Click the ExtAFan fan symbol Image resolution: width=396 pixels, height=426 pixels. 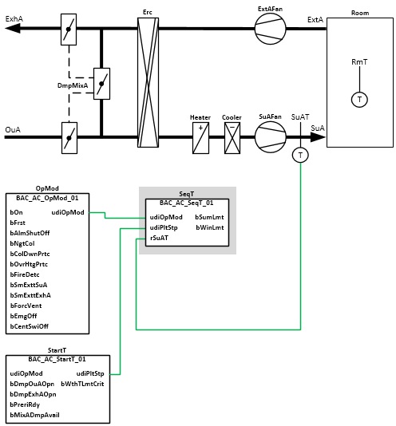click(270, 29)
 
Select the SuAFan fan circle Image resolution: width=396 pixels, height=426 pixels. click(270, 137)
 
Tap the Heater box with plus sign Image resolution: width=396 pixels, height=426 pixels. click(200, 138)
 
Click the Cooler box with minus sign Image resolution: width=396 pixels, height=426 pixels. click(232, 138)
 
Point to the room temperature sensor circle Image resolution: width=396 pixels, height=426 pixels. click(359, 100)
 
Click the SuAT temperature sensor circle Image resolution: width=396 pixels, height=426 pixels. click(300, 155)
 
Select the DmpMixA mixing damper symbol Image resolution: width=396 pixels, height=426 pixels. click(101, 84)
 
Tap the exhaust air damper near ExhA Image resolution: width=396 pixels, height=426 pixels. click(69, 30)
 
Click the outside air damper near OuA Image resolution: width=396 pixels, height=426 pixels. click(69, 138)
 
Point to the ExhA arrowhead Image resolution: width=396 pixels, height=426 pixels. click(13, 28)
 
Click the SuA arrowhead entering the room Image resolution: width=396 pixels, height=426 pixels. click(319, 137)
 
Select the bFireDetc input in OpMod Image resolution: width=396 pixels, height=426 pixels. click(25, 274)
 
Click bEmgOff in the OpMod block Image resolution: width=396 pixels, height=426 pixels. click(23, 316)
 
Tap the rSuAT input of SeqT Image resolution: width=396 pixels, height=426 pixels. click(159, 238)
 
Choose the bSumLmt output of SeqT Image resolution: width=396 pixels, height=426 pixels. click(209, 217)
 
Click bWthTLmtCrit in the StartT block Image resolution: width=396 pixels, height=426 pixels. click(82, 384)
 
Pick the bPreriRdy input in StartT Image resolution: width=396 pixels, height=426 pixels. click(25, 404)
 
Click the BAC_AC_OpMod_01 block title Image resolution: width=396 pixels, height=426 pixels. click(47, 198)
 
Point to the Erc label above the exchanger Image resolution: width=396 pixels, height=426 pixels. click(148, 12)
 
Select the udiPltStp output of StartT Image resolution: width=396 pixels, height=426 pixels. click(90, 373)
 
